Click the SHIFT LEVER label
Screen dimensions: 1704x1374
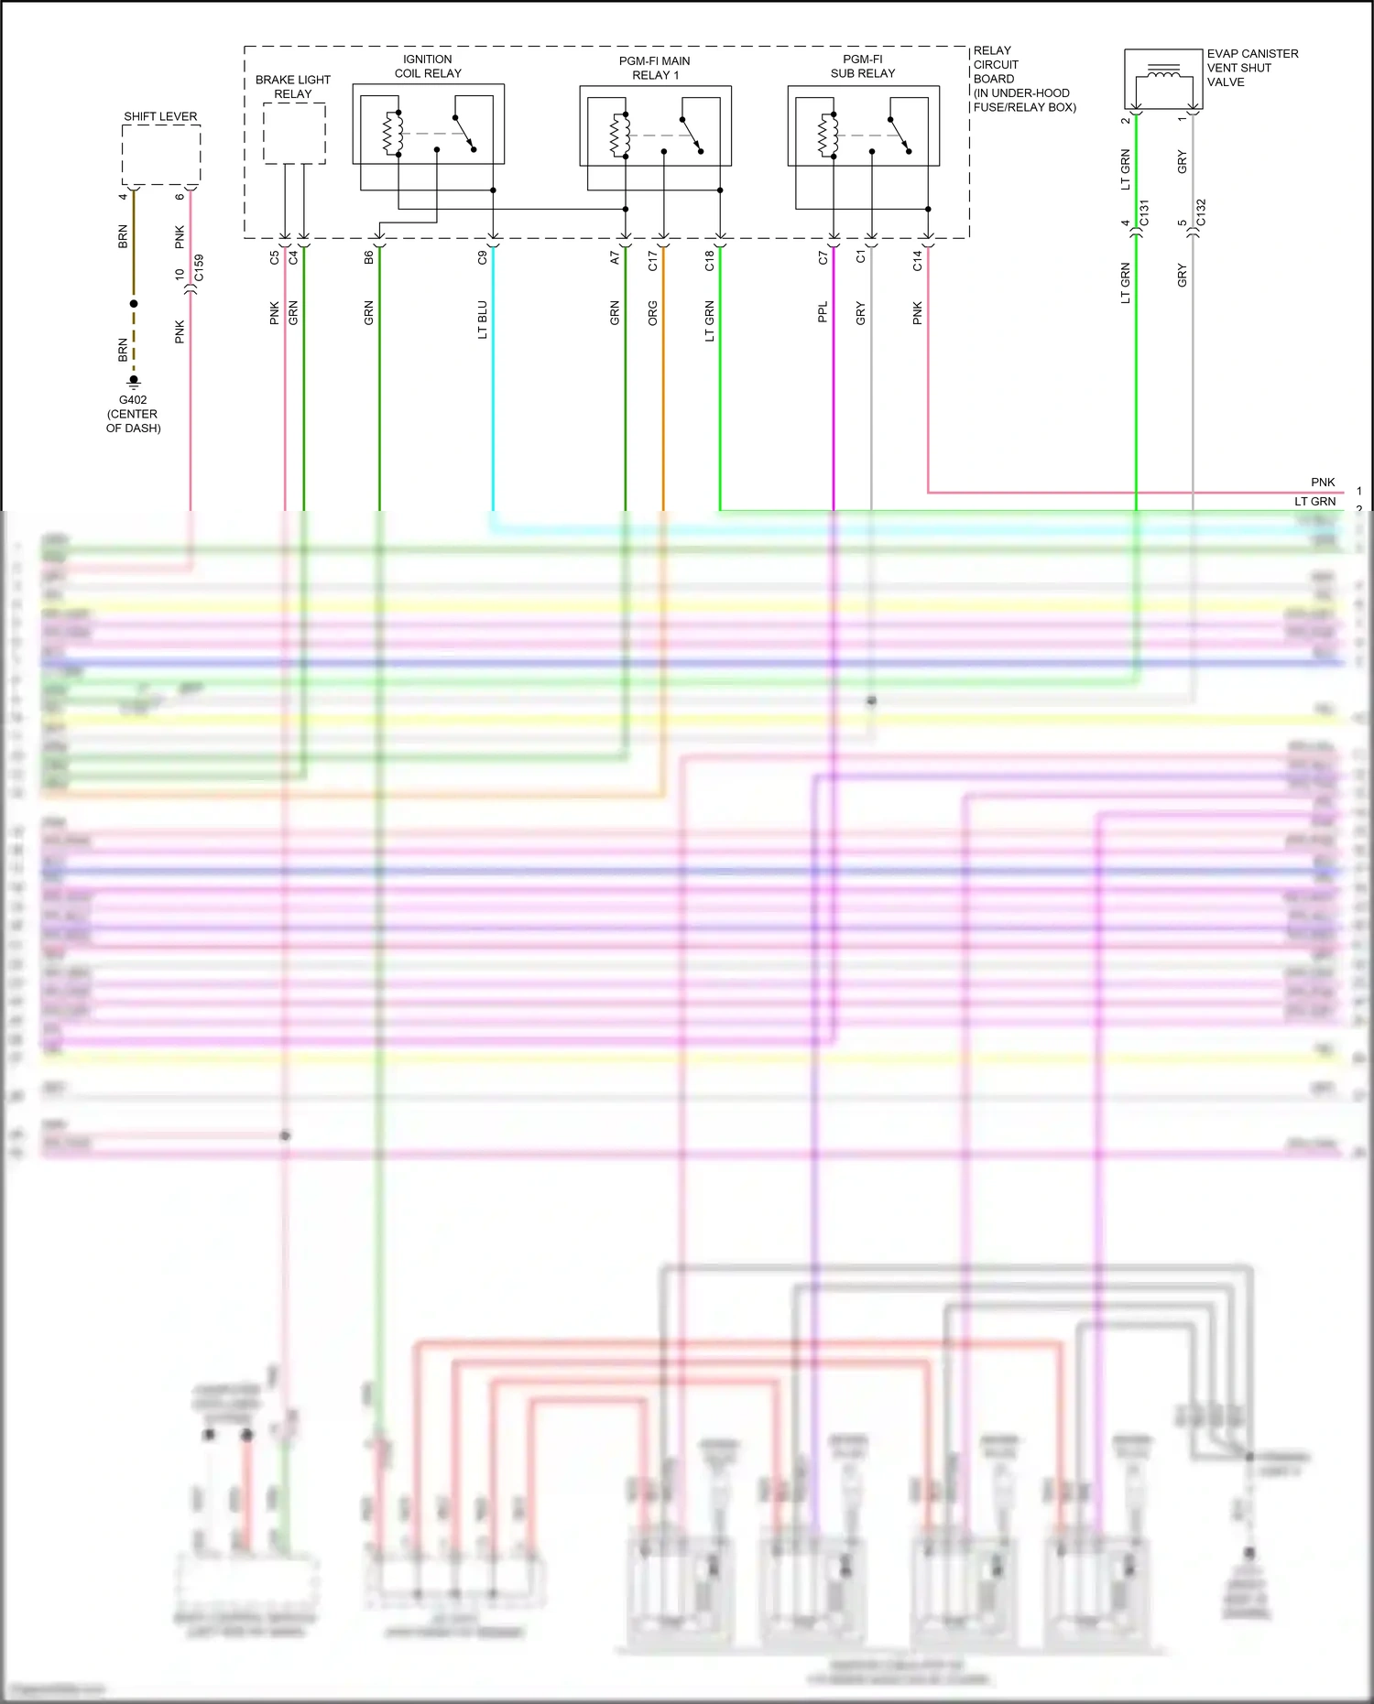point(160,116)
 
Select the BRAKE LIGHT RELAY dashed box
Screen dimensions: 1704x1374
point(294,134)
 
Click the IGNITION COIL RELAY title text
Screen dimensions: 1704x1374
point(428,66)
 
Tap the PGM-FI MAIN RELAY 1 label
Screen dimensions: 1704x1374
point(654,68)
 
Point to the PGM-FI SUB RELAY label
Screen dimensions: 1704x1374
point(862,66)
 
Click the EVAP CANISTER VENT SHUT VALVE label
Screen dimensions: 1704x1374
point(1251,68)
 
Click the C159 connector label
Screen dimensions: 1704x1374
point(199,267)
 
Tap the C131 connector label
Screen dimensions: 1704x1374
point(1144,213)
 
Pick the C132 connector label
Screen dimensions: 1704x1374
point(1201,212)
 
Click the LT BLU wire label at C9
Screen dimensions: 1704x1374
point(482,320)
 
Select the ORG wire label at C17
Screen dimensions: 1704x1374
point(652,314)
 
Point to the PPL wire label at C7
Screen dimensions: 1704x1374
point(823,312)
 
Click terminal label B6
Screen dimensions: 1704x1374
point(368,258)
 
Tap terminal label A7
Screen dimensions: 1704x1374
point(615,258)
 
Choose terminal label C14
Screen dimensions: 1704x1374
point(917,261)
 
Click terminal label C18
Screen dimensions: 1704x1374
point(709,261)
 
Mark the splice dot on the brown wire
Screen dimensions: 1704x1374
point(134,303)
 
